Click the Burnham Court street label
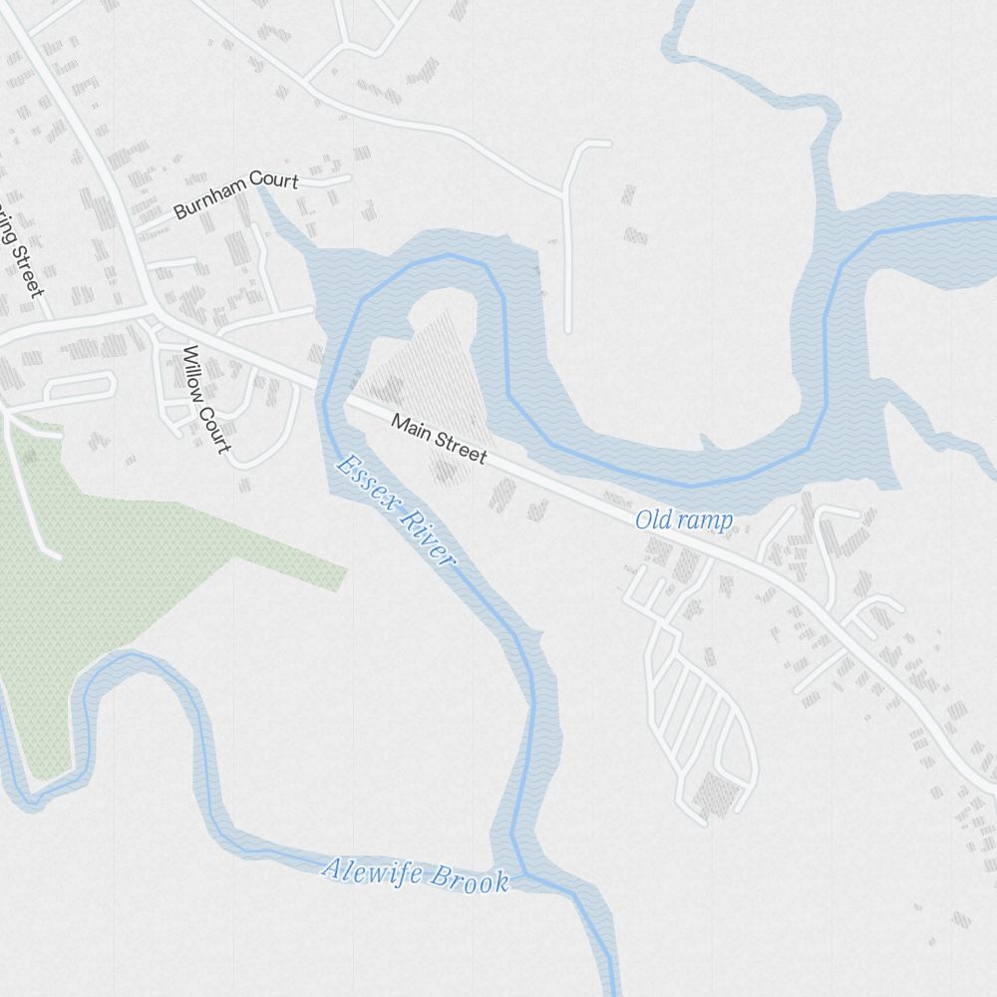(x=236, y=195)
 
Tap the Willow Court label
(x=206, y=399)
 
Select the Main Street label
(x=439, y=439)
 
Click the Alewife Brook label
(x=415, y=874)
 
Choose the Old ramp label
(x=684, y=520)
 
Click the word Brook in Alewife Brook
(x=469, y=879)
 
